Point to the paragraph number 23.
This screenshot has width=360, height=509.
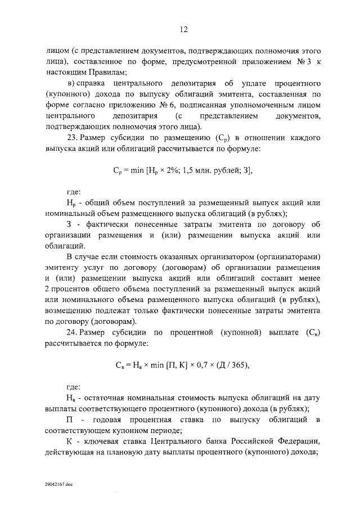coord(71,138)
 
